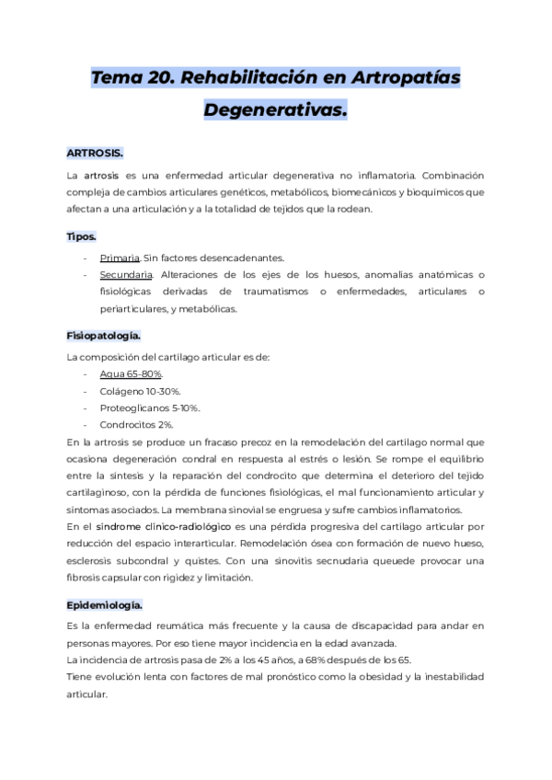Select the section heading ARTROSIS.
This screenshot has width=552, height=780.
[x=95, y=152]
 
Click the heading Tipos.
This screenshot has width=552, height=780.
[x=81, y=236]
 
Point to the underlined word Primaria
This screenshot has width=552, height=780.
[x=120, y=258]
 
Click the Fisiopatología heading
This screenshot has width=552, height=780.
[x=103, y=336]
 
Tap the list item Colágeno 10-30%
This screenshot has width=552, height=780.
[x=140, y=391]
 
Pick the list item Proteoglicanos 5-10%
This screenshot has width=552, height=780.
[x=150, y=407]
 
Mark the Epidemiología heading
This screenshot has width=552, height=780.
[x=104, y=580]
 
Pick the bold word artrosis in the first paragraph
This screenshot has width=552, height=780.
[x=102, y=175]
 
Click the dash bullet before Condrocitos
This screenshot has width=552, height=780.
[x=86, y=424]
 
